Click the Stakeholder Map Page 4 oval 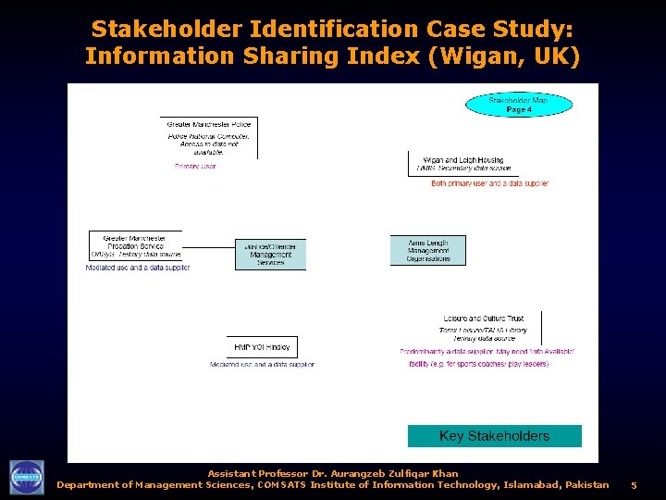point(518,105)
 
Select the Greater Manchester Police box point(209,137)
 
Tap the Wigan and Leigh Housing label point(463,160)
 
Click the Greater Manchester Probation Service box point(135,245)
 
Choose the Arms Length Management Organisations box point(428,250)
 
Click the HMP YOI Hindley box point(262,347)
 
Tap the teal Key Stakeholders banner point(495,436)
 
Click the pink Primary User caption point(195,167)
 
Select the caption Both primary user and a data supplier point(490,183)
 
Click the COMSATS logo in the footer point(27,477)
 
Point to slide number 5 point(634,485)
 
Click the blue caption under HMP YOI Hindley point(262,365)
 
